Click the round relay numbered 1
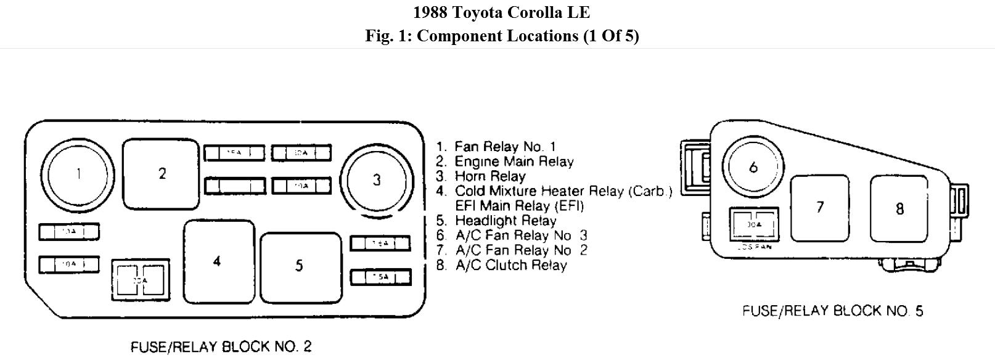tap(78, 174)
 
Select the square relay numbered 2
tap(162, 174)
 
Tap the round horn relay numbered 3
tap(377, 180)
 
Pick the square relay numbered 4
tap(218, 261)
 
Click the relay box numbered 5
tap(300, 266)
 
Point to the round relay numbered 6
tap(753, 166)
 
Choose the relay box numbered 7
tap(819, 207)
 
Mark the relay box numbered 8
tap(899, 208)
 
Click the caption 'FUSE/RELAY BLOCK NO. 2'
tap(221, 347)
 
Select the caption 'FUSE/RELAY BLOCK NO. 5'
tap(832, 311)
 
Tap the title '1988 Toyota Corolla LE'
tap(502, 12)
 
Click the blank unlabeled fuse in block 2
tap(235, 186)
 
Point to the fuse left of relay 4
tap(140, 279)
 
